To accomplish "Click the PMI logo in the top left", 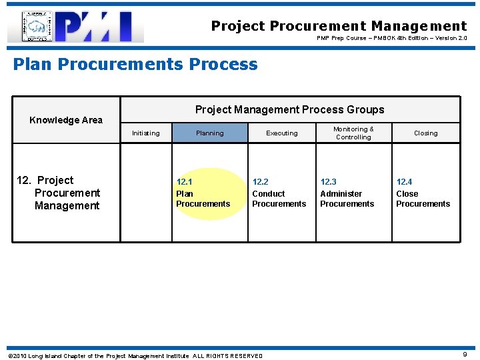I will click(x=75, y=27).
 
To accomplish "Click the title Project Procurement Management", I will click(x=339, y=26).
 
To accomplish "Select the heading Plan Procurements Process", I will click(x=135, y=65).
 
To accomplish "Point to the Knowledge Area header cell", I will click(x=66, y=120).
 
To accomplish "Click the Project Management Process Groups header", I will click(x=289, y=109).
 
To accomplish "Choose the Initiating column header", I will click(x=145, y=133).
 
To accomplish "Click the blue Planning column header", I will click(x=209, y=133).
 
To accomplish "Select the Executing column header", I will click(x=282, y=133).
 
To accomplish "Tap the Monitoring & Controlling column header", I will click(x=353, y=133).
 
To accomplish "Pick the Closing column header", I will click(x=425, y=133).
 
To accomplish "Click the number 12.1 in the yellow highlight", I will click(x=184, y=182).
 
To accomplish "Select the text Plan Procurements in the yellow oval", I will click(x=203, y=199).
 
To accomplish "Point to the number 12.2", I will click(x=260, y=182).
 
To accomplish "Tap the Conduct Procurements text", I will click(x=279, y=199).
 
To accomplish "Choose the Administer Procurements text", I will click(x=347, y=199).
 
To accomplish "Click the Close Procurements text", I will click(x=423, y=199).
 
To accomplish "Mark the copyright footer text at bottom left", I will click(x=135, y=355).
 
